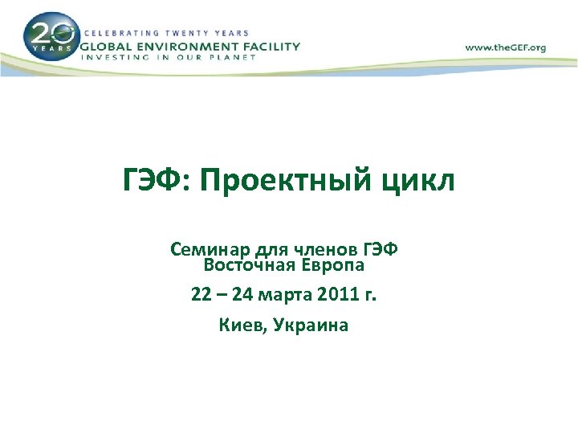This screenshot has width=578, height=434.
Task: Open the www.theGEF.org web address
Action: [505, 47]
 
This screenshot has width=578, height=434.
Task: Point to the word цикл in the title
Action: [425, 183]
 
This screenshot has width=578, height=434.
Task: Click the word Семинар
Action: [205, 250]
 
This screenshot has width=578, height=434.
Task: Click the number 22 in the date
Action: [201, 295]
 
